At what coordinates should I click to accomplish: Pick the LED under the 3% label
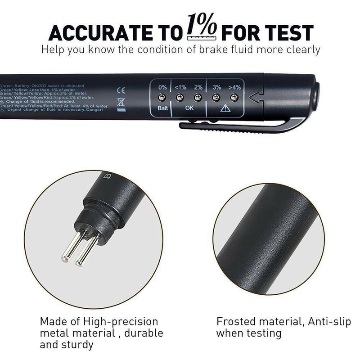tap(216, 97)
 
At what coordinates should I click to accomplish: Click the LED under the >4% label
tap(234, 97)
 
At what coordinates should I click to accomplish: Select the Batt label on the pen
tap(162, 108)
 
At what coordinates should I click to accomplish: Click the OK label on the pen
tap(189, 108)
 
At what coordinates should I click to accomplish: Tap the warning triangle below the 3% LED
tap(225, 108)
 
